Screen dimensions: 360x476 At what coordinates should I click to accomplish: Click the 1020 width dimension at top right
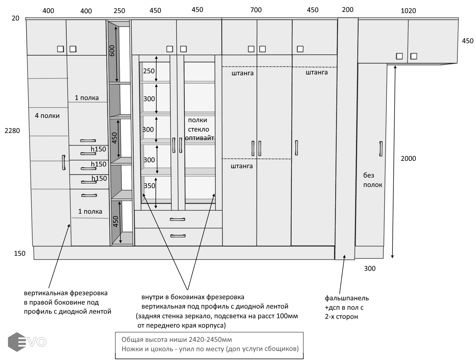coord(408,11)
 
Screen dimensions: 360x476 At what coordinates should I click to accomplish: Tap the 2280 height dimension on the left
coord(12,131)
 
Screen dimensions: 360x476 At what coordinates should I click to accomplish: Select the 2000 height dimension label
coord(408,159)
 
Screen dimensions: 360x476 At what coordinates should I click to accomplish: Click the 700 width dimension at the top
coord(256,10)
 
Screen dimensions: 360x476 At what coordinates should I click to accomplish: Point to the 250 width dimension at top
coord(119,11)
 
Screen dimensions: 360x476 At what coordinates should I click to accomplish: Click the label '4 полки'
coord(47,116)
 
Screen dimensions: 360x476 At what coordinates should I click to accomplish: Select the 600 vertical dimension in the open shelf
coord(112,51)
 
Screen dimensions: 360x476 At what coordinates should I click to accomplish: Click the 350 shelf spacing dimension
coord(149,186)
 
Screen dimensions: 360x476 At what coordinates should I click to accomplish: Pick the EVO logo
coord(27,342)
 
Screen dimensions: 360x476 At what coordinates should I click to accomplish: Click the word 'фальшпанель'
coord(347,298)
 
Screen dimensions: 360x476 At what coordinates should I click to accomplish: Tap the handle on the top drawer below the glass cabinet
coord(178,219)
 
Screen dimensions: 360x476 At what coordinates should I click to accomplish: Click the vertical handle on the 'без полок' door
coord(381,149)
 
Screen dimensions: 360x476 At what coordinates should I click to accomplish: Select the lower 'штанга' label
coord(242,166)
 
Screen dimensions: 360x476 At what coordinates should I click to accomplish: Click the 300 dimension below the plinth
coord(369,269)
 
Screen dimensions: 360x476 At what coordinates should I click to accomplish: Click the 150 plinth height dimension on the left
coord(20,253)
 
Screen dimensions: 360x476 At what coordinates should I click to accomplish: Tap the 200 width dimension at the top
coord(348,10)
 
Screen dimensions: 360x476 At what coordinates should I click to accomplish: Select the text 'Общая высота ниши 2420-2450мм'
coord(177,340)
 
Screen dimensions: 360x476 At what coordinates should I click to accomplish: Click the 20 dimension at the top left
coord(15,18)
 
